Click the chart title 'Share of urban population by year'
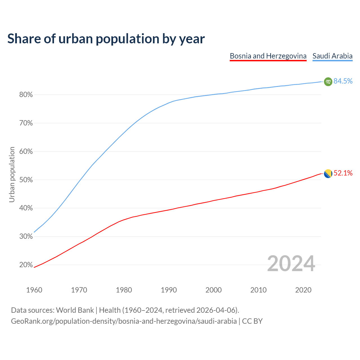tap(106, 39)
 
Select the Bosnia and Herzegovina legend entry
tap(268, 56)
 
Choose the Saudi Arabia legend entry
tap(332, 56)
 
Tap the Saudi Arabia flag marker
tap(328, 82)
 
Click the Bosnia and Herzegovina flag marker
tap(328, 174)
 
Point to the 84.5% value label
tap(343, 81)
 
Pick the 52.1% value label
tap(343, 173)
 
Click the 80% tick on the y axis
tap(26, 95)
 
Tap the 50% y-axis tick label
tap(26, 180)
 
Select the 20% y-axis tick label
tap(26, 265)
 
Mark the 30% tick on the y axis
tap(26, 237)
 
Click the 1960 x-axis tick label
tap(34, 290)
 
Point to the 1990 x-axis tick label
tap(169, 290)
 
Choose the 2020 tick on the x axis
tap(303, 290)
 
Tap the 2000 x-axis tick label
tap(213, 290)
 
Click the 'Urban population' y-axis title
tap(12, 174)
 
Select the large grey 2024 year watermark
tap(291, 264)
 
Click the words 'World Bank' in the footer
tap(75, 310)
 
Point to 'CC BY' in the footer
tap(252, 321)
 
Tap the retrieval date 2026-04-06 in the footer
tap(215, 310)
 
